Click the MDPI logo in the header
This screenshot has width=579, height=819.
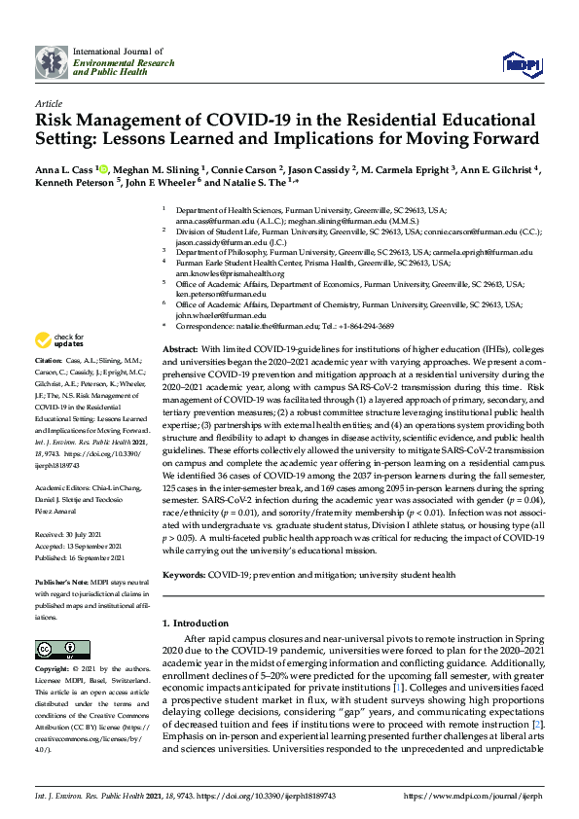[x=521, y=64]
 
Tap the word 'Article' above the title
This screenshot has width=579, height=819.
[x=48, y=102]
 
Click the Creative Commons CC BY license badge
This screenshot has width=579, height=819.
[x=56, y=649]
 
